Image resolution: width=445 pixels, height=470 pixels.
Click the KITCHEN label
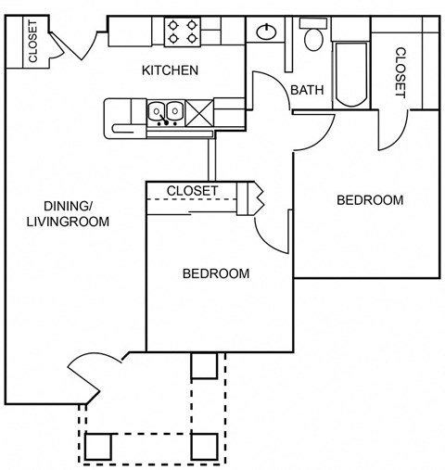(x=170, y=70)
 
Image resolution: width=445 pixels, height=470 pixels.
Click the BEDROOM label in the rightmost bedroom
(x=370, y=200)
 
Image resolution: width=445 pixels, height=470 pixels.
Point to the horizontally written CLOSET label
(x=192, y=191)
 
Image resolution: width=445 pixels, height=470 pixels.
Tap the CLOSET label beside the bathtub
(x=400, y=72)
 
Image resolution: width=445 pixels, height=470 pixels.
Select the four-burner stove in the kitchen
(x=181, y=32)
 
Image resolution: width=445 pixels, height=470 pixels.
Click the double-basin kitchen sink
(x=166, y=113)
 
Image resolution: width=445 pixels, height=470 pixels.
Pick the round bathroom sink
(x=268, y=31)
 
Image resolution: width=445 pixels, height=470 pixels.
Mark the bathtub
(x=351, y=74)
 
